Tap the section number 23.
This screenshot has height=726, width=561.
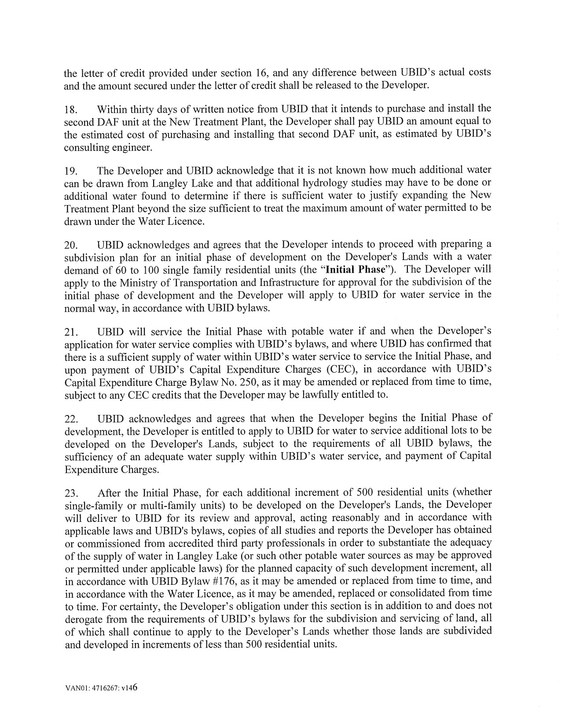click(70, 493)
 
